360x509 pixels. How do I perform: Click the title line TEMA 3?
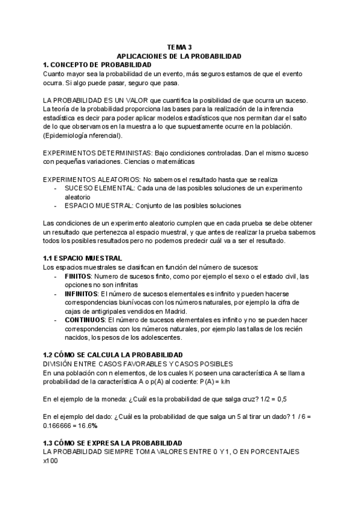point(179,47)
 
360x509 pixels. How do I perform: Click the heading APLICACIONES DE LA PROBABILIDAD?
point(179,56)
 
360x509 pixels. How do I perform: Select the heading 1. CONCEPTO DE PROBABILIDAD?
point(97,64)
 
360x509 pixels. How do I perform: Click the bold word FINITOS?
point(77,276)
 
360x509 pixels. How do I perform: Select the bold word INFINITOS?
point(82,294)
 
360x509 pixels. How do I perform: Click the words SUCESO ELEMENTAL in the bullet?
point(100,188)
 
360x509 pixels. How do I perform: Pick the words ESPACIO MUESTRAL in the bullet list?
point(98,206)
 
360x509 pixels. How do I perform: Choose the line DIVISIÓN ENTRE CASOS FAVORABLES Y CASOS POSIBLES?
point(137,364)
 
